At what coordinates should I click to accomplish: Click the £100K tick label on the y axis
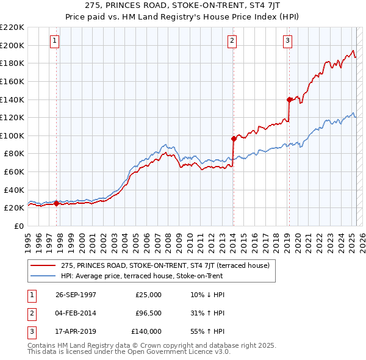pyautogui.click(x=12, y=135)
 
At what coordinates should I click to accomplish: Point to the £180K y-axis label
pyautogui.click(x=12, y=63)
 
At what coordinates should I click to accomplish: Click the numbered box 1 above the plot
pyautogui.click(x=55, y=41)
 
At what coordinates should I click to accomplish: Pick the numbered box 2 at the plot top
pyautogui.click(x=232, y=41)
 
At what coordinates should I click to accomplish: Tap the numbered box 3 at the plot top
pyautogui.click(x=287, y=41)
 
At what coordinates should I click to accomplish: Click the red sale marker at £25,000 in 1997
pyautogui.click(x=57, y=203)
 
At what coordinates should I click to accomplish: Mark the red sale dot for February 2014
pyautogui.click(x=234, y=139)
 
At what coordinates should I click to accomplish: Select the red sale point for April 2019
pyautogui.click(x=289, y=99)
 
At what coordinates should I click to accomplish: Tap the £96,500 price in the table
pyautogui.click(x=148, y=313)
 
